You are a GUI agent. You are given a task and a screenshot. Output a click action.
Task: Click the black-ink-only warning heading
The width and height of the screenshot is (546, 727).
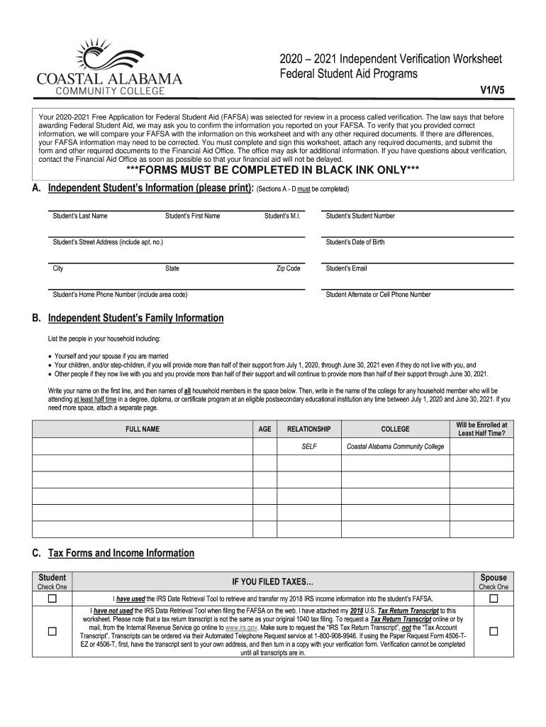272,171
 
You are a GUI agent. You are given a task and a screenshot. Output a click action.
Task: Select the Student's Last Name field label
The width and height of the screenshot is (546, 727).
80,216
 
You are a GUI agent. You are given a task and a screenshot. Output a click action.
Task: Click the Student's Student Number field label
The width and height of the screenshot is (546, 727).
360,216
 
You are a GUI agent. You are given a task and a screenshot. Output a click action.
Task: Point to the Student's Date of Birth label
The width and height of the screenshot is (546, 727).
355,242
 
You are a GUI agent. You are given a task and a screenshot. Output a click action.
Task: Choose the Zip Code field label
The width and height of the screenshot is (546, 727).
288,268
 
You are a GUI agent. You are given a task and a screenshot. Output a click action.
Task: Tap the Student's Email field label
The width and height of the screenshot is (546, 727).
347,268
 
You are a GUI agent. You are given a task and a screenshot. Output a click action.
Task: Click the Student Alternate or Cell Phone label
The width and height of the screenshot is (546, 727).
378,295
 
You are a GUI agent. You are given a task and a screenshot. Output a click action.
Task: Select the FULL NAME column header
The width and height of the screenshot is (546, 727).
143,430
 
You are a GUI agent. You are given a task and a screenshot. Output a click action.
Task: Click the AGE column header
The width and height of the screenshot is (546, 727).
264,430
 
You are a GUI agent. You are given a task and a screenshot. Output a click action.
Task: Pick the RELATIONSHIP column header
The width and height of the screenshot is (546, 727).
308,430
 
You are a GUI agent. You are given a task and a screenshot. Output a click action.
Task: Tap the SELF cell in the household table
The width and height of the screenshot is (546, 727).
309,447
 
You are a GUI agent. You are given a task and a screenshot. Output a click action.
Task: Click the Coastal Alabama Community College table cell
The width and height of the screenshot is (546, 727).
395,447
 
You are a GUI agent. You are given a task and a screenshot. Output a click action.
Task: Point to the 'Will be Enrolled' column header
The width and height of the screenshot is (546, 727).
482,429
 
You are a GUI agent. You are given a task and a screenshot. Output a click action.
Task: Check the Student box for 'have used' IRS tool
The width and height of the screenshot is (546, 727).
52,598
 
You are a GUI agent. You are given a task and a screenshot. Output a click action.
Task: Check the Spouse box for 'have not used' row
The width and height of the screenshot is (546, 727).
494,631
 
